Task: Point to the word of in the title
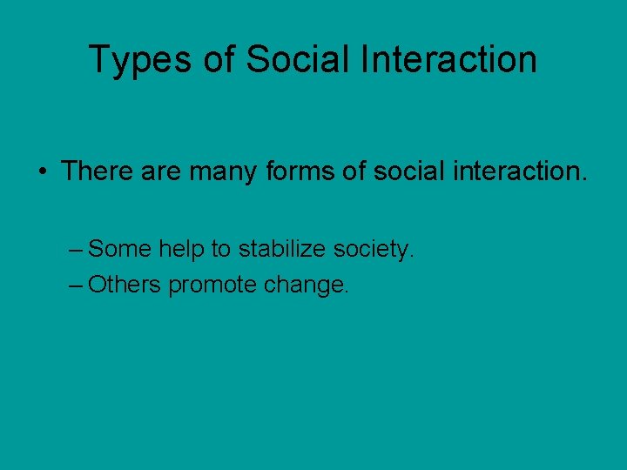tap(222, 59)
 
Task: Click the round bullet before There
tap(42, 171)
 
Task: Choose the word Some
tap(120, 250)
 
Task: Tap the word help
tap(181, 250)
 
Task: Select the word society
tap(372, 251)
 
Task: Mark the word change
tap(302, 285)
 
